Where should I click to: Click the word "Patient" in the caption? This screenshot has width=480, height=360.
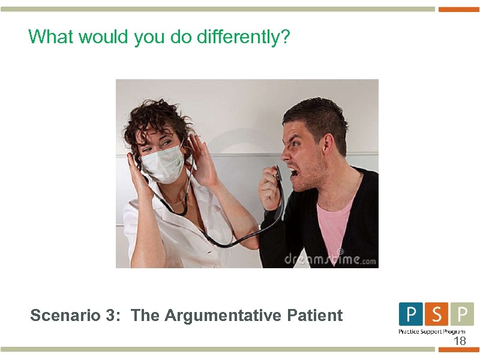316,315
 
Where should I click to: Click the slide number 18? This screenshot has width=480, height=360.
460,341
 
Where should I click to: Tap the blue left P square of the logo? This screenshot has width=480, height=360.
411,314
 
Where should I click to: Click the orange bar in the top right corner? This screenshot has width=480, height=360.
459,9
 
